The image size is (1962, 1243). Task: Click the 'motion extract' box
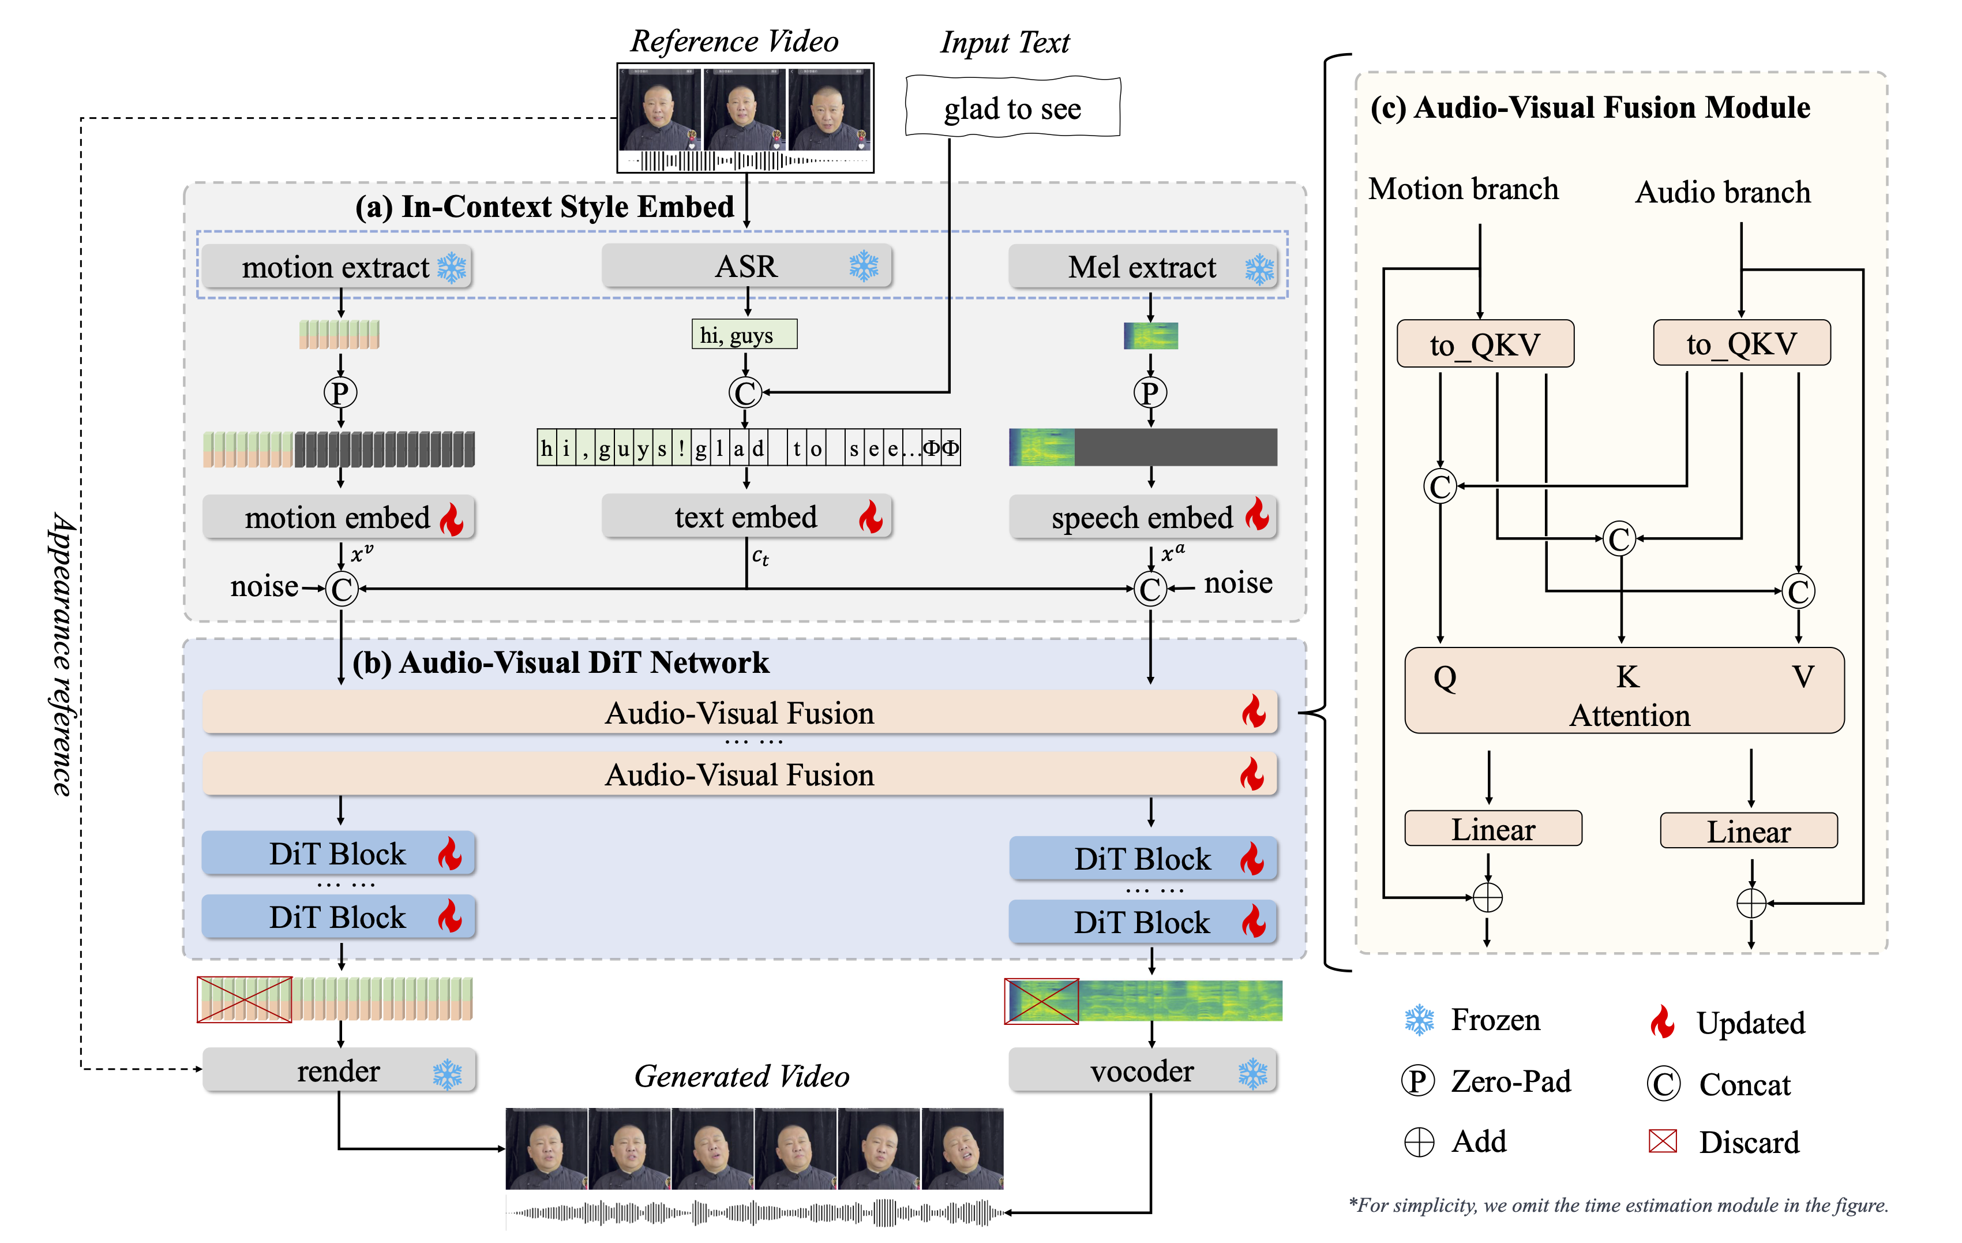coord(336,267)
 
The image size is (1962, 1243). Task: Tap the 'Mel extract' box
coord(1142,267)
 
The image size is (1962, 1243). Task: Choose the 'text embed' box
coord(746,516)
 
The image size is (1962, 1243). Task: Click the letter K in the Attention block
coord(1627,676)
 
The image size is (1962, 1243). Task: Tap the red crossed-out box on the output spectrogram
coord(1041,1001)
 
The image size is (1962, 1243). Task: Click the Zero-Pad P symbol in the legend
coord(1418,1081)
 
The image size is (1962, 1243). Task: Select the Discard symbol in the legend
coord(1662,1141)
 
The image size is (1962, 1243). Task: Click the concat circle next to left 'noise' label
coord(342,589)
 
